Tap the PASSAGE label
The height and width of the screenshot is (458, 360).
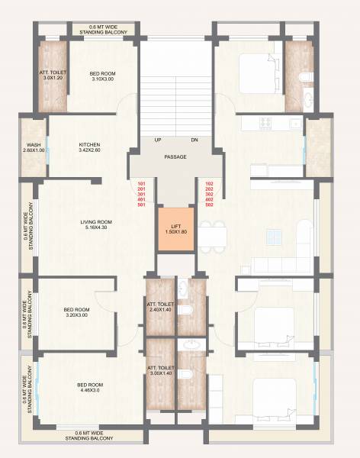(175, 157)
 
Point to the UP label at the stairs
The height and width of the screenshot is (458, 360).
(157, 140)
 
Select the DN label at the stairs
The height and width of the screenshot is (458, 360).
(194, 140)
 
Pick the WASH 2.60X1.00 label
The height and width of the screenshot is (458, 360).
(33, 147)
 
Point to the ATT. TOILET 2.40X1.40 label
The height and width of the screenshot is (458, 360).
(161, 308)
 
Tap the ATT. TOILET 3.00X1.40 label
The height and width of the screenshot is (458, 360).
(161, 371)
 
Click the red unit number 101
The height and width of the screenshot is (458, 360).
(141, 184)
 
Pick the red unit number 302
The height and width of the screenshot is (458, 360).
(210, 195)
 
